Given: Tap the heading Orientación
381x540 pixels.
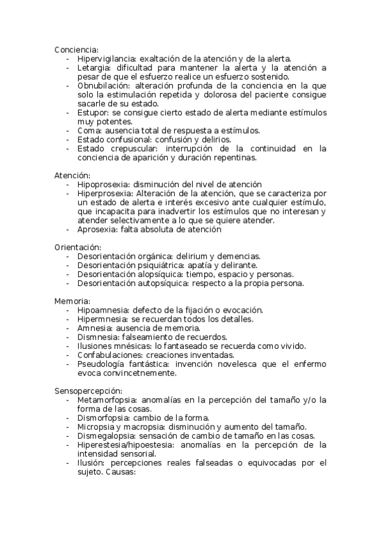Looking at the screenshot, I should coord(78,246).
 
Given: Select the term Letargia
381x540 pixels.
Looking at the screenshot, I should coord(94,67).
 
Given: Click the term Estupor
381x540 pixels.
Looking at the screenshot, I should coord(93,113).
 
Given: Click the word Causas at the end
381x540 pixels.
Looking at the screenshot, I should coord(120,472).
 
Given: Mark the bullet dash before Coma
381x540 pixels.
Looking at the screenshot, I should coord(68,131).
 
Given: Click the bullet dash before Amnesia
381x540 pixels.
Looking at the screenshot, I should coord(68,328).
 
